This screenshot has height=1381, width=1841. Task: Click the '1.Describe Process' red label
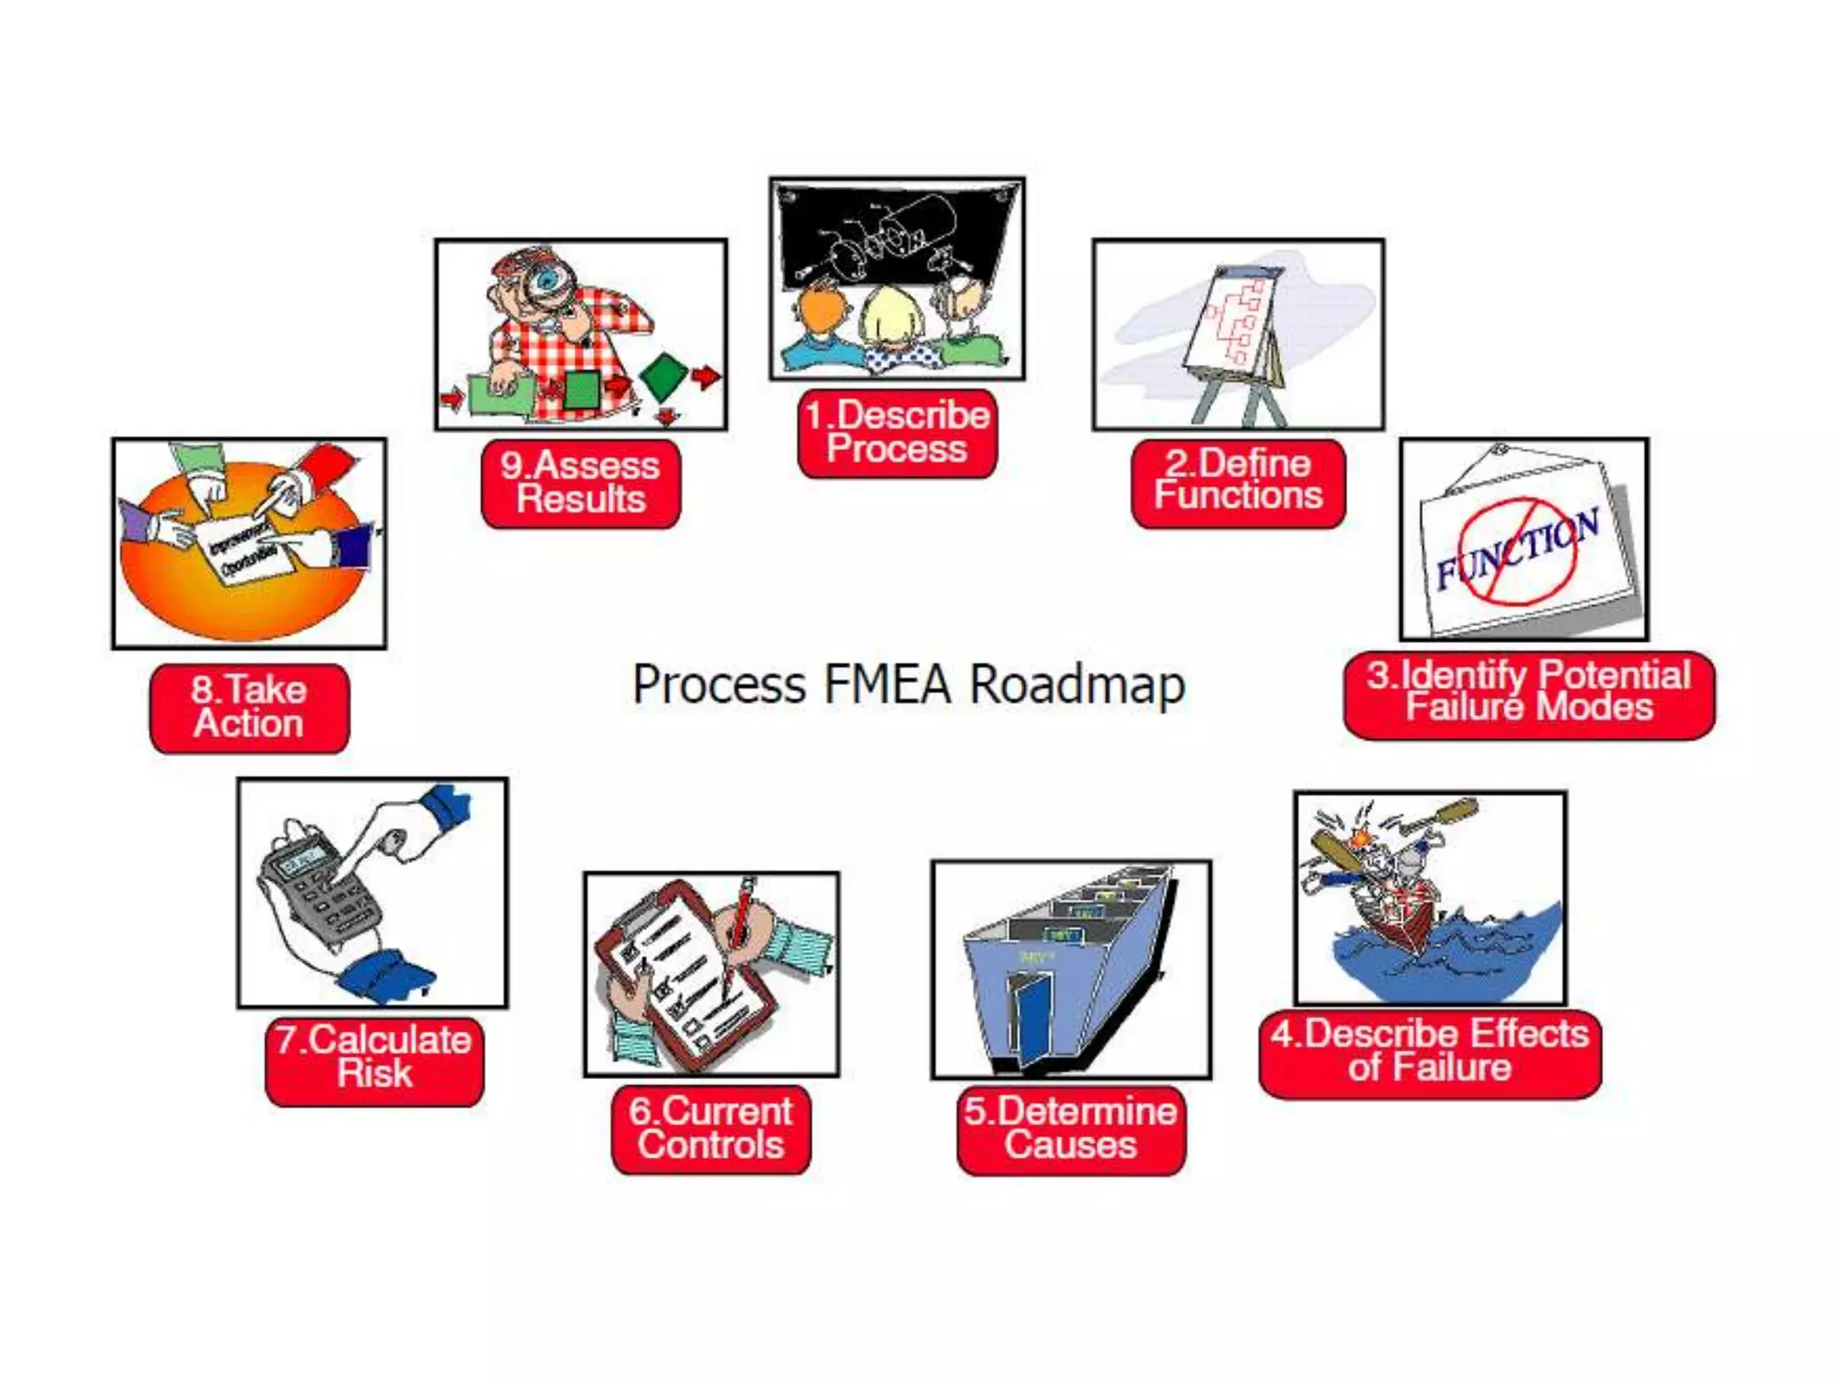tap(897, 433)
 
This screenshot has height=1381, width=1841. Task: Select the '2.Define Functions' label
tap(1238, 482)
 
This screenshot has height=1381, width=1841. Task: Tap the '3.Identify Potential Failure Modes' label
tap(1528, 694)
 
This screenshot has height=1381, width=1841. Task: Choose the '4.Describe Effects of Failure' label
tap(1429, 1052)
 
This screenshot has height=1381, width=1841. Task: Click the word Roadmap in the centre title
tap(1077, 685)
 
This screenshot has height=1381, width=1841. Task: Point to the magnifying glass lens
tap(546, 281)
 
